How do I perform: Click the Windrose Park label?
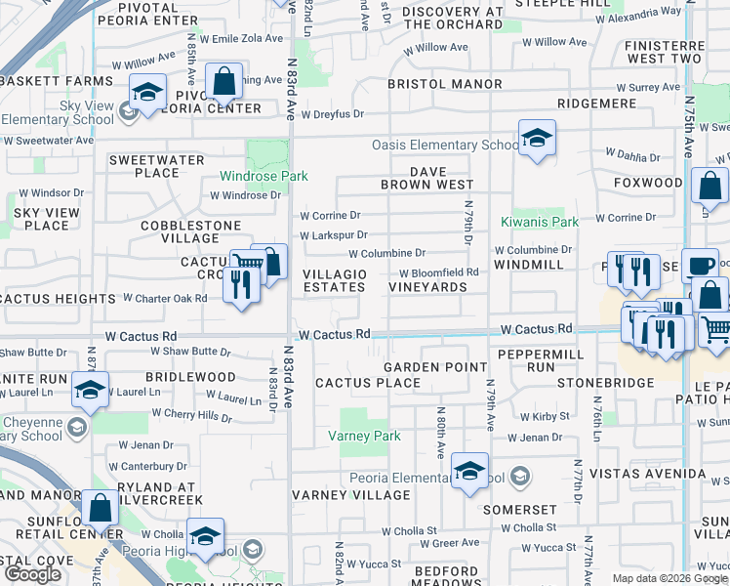264,176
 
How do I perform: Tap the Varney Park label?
364,436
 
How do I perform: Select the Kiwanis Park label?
540,222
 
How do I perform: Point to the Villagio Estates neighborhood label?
335,280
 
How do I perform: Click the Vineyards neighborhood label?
427,287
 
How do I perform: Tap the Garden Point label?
434,366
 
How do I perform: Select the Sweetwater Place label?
157,166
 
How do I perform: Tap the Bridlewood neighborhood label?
190,376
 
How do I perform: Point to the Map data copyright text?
669,578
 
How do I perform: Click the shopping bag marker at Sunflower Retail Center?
100,507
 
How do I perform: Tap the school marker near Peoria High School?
206,536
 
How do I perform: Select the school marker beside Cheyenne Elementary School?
90,390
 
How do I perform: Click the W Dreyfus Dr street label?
332,114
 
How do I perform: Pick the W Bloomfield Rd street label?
439,272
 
